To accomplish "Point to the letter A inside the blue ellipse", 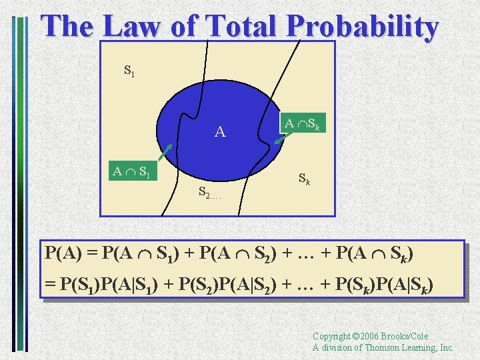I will (x=220, y=132).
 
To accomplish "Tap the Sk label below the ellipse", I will (x=303, y=179).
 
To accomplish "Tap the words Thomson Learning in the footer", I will (x=403, y=347).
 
